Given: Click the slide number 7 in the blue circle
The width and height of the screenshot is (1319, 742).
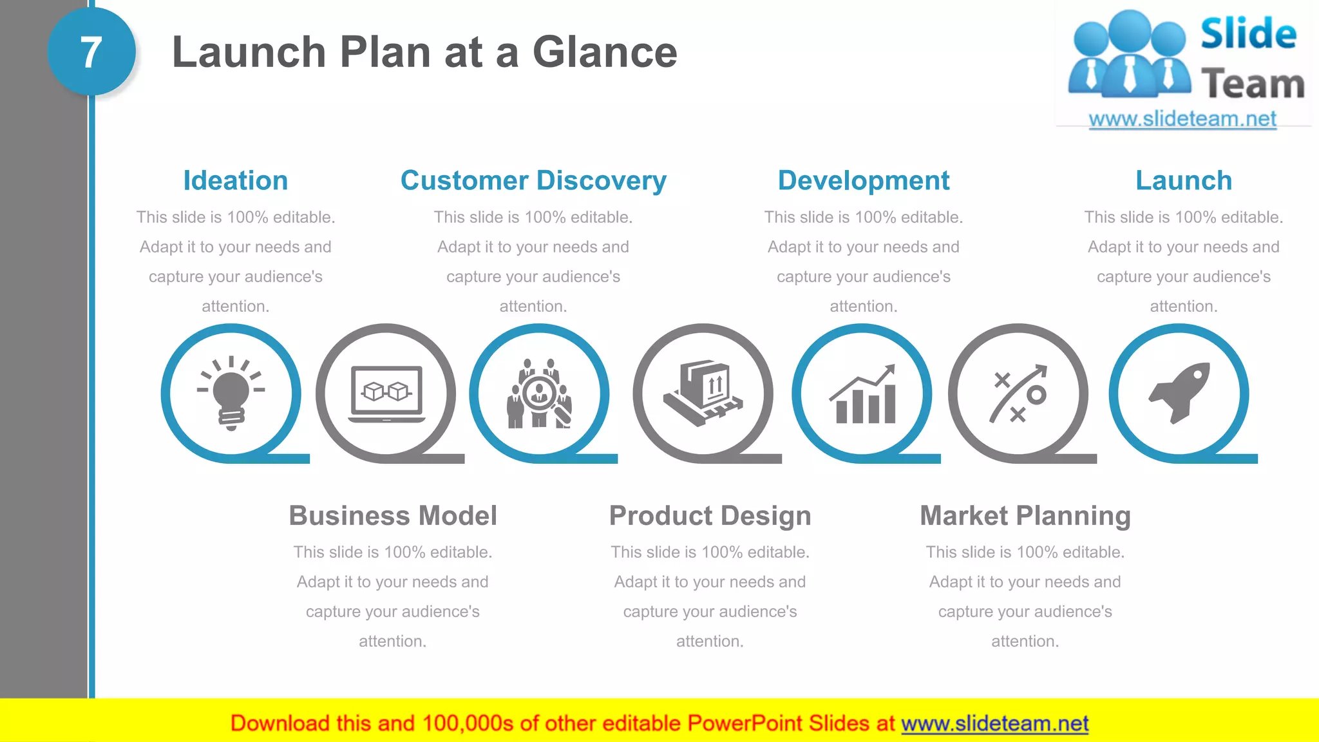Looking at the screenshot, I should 91,52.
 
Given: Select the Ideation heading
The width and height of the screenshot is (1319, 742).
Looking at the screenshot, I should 235,180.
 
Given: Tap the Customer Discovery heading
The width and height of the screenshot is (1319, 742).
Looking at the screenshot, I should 533,180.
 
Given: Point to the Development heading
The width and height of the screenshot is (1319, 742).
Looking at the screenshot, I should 863,180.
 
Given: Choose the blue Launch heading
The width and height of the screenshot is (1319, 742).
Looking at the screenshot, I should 1183,180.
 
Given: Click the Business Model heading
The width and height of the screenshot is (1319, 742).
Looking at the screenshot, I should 393,515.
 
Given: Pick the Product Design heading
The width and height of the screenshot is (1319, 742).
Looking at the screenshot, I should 710,515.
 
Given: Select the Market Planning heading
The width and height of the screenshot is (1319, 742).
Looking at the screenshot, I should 1025,515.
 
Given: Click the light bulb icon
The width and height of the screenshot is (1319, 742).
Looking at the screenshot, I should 231,393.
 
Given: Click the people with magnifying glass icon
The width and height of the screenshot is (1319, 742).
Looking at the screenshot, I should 539,394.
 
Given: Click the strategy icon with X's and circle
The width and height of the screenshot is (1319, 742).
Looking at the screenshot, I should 1018,394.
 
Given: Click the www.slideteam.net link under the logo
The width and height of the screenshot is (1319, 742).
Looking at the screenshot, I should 1182,119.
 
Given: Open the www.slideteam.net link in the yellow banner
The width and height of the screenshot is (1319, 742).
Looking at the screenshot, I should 994,723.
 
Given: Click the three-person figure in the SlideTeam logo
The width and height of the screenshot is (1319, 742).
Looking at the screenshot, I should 1129,55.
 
